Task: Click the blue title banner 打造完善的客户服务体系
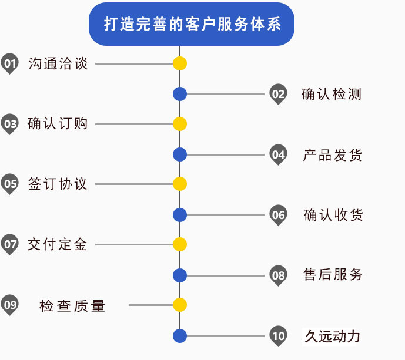[192, 24]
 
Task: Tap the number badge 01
[9, 63]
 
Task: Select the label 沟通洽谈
[58, 63]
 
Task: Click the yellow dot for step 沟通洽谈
[180, 63]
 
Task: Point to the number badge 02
[278, 94]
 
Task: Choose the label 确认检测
[332, 94]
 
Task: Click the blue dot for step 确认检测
[180, 94]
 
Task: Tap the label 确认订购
[58, 124]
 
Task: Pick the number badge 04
[278, 154]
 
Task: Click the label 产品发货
[333, 155]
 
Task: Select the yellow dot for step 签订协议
[180, 184]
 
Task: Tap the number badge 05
[10, 184]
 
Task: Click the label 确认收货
[333, 215]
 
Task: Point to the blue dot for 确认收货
[180, 215]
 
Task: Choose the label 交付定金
[58, 244]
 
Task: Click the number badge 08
[278, 275]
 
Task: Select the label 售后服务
[333, 274]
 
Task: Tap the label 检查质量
[73, 305]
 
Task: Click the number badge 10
[278, 336]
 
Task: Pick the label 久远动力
[332, 336]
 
